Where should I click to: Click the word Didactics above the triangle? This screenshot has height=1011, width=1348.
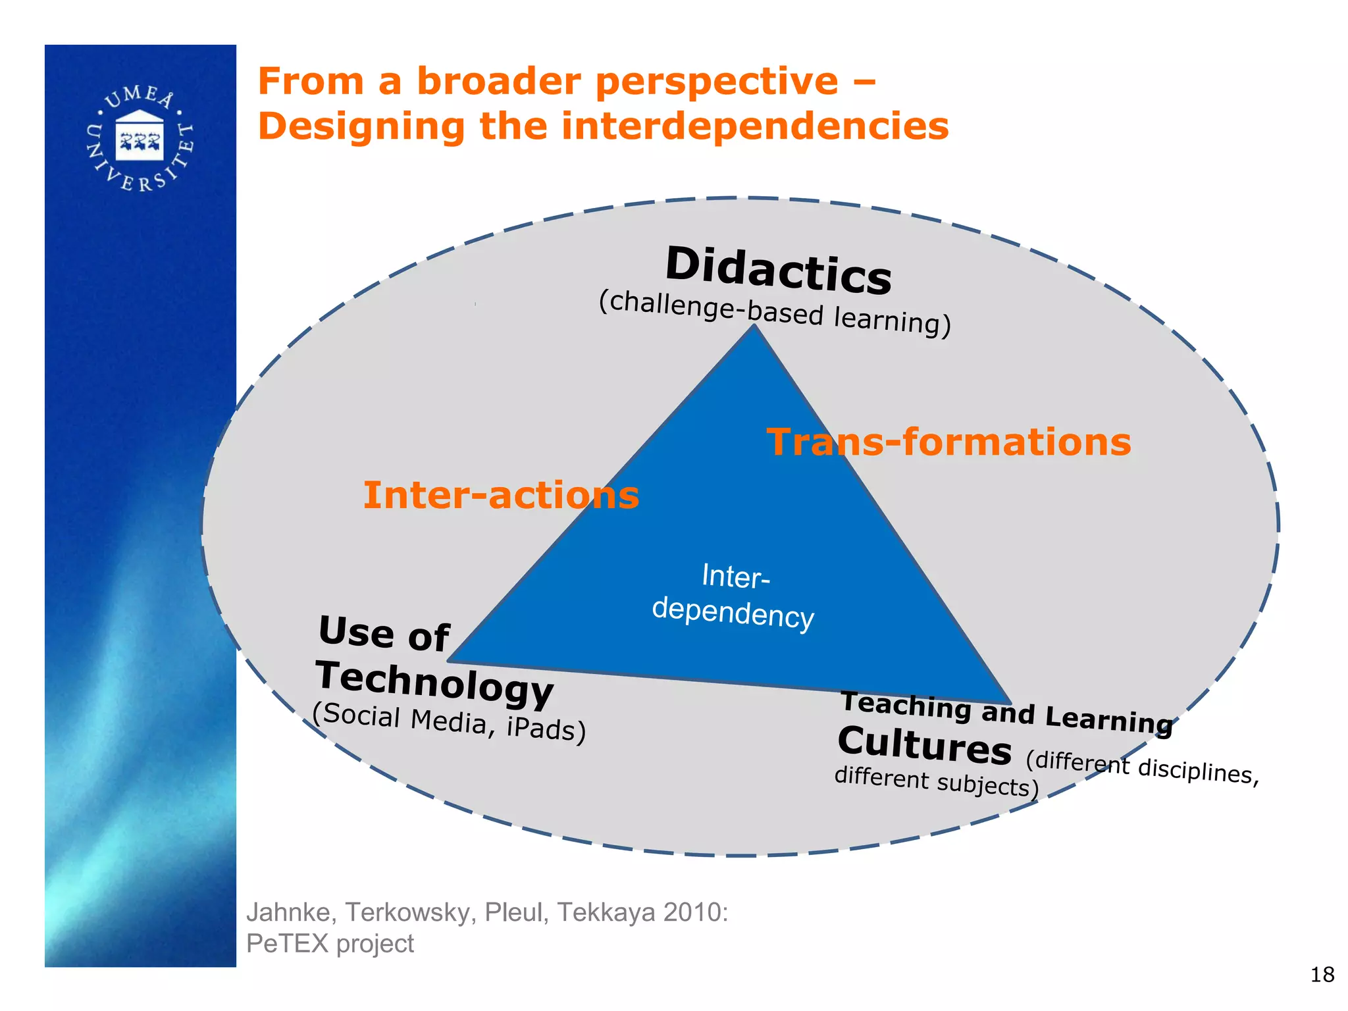point(778,271)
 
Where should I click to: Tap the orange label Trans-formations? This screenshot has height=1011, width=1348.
point(948,442)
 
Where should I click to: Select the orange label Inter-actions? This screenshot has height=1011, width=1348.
point(501,495)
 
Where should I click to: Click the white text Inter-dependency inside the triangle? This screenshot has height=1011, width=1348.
point(734,596)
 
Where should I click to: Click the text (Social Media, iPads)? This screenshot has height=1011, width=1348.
point(449,722)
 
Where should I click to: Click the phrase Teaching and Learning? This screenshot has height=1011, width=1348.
point(1006,713)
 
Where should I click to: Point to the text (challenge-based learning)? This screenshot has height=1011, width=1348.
point(775,313)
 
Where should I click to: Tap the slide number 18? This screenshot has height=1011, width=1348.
point(1322,975)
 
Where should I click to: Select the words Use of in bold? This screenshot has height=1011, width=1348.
point(384,634)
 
